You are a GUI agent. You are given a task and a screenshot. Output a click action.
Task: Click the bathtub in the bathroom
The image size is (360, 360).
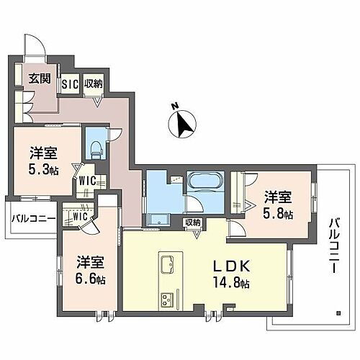pos(205,181)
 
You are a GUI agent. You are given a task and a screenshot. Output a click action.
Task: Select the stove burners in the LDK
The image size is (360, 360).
pos(167,297)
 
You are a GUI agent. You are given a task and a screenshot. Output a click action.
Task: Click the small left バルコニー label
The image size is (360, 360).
pos(28,218)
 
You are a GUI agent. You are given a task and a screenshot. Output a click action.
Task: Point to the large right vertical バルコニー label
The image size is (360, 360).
pos(333,245)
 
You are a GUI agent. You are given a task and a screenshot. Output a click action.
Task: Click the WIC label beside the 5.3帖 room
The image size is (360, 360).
pos(87,180)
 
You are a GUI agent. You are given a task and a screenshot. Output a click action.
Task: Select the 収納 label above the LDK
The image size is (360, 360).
pos(192,223)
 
